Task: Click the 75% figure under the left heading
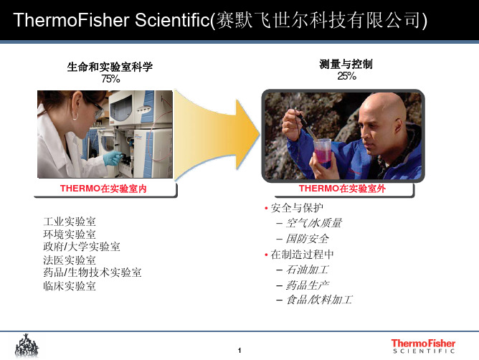point(110,79)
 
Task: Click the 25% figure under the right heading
point(346,76)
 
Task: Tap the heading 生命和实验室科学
point(110,67)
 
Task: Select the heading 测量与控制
point(346,64)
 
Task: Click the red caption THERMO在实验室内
point(103,189)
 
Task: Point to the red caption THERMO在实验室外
point(342,189)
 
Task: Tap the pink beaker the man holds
point(322,151)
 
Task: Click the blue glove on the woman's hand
point(113,158)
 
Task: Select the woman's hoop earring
point(75,116)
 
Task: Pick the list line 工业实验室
point(70,222)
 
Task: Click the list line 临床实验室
point(70,286)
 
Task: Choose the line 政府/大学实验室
point(82,247)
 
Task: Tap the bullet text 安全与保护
point(297,208)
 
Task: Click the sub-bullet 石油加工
point(307,270)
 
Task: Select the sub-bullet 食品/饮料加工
point(319,300)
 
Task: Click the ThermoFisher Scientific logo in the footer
point(423,346)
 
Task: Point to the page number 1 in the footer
point(239,350)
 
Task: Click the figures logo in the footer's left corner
point(27,346)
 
